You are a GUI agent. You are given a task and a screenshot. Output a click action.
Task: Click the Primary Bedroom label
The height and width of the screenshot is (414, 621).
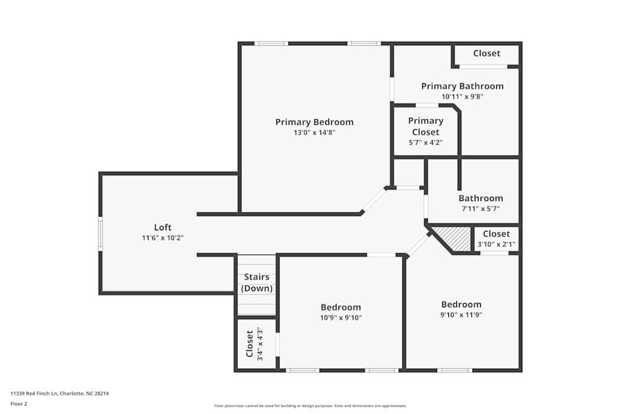(314, 122)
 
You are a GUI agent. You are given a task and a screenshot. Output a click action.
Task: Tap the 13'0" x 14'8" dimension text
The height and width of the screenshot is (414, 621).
(314, 132)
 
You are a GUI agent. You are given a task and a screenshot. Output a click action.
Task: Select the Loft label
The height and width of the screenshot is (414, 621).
(163, 228)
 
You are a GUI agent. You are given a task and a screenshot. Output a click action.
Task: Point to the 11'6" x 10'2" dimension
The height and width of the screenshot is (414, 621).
(163, 238)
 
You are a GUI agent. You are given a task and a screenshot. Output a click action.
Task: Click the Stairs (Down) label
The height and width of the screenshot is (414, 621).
(257, 282)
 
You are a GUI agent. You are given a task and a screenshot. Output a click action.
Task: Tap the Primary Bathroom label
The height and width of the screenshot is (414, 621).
(462, 86)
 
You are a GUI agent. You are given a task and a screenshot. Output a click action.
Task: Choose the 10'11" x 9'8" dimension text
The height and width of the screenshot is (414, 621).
(462, 96)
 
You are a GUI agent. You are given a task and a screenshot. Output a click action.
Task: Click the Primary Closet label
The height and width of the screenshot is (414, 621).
(425, 126)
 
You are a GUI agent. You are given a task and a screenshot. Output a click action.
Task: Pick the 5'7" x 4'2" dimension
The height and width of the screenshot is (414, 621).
(425, 142)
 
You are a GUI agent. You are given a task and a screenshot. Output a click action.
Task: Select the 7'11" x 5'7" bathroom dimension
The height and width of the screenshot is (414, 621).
(481, 209)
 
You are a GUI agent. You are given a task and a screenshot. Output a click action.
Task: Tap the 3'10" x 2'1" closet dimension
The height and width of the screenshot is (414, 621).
(496, 244)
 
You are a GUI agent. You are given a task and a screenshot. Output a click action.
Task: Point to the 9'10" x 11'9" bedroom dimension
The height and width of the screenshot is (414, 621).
(461, 315)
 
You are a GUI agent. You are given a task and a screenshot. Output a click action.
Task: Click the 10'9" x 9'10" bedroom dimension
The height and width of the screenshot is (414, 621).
(341, 317)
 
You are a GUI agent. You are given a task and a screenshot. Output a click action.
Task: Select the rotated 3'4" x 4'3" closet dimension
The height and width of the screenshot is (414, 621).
(260, 343)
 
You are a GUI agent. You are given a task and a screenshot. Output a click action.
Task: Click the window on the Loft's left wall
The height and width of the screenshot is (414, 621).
(100, 233)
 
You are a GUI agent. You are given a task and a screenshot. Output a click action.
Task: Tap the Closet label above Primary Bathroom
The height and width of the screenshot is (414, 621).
(486, 53)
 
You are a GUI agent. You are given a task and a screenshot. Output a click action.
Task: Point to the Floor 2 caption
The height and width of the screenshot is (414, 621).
(19, 403)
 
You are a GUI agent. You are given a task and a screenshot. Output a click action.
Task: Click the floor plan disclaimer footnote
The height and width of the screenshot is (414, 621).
(310, 405)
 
